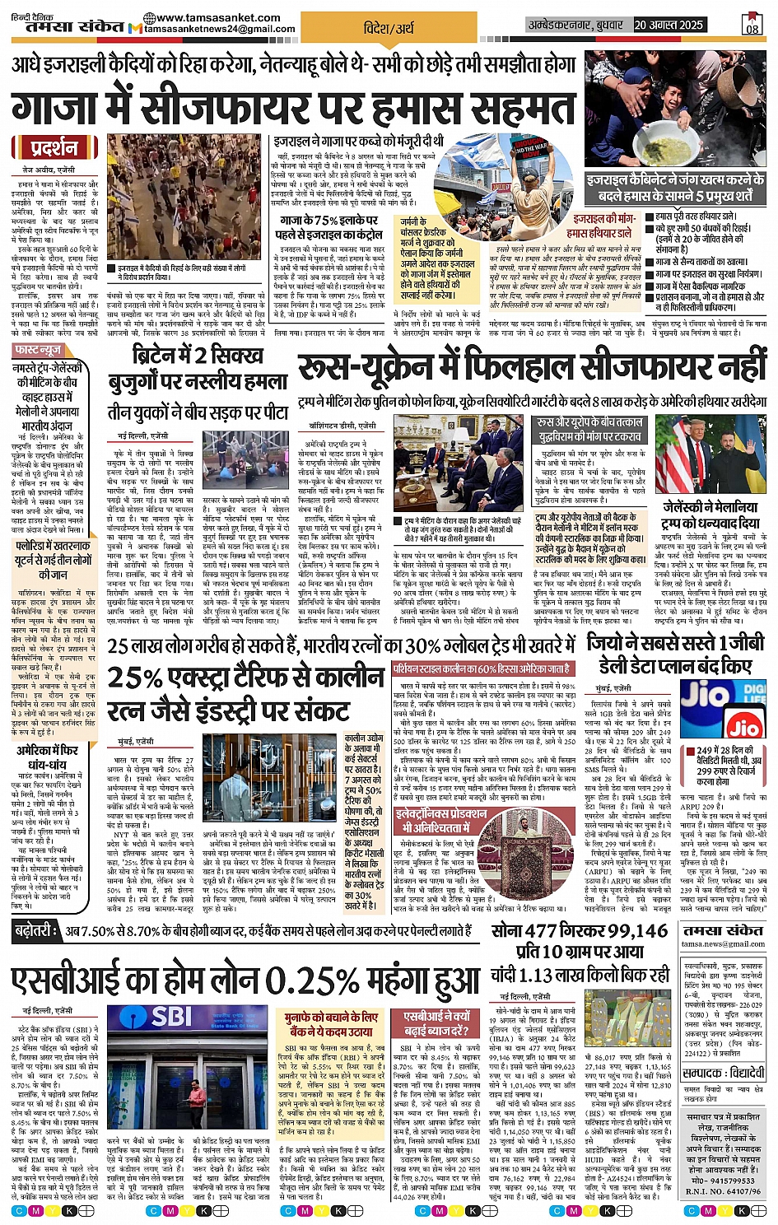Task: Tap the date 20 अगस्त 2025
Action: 668,26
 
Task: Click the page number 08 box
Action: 752,24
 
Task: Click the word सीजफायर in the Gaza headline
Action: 233,107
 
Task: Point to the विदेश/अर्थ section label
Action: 389,28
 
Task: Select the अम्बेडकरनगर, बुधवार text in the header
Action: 576,26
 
